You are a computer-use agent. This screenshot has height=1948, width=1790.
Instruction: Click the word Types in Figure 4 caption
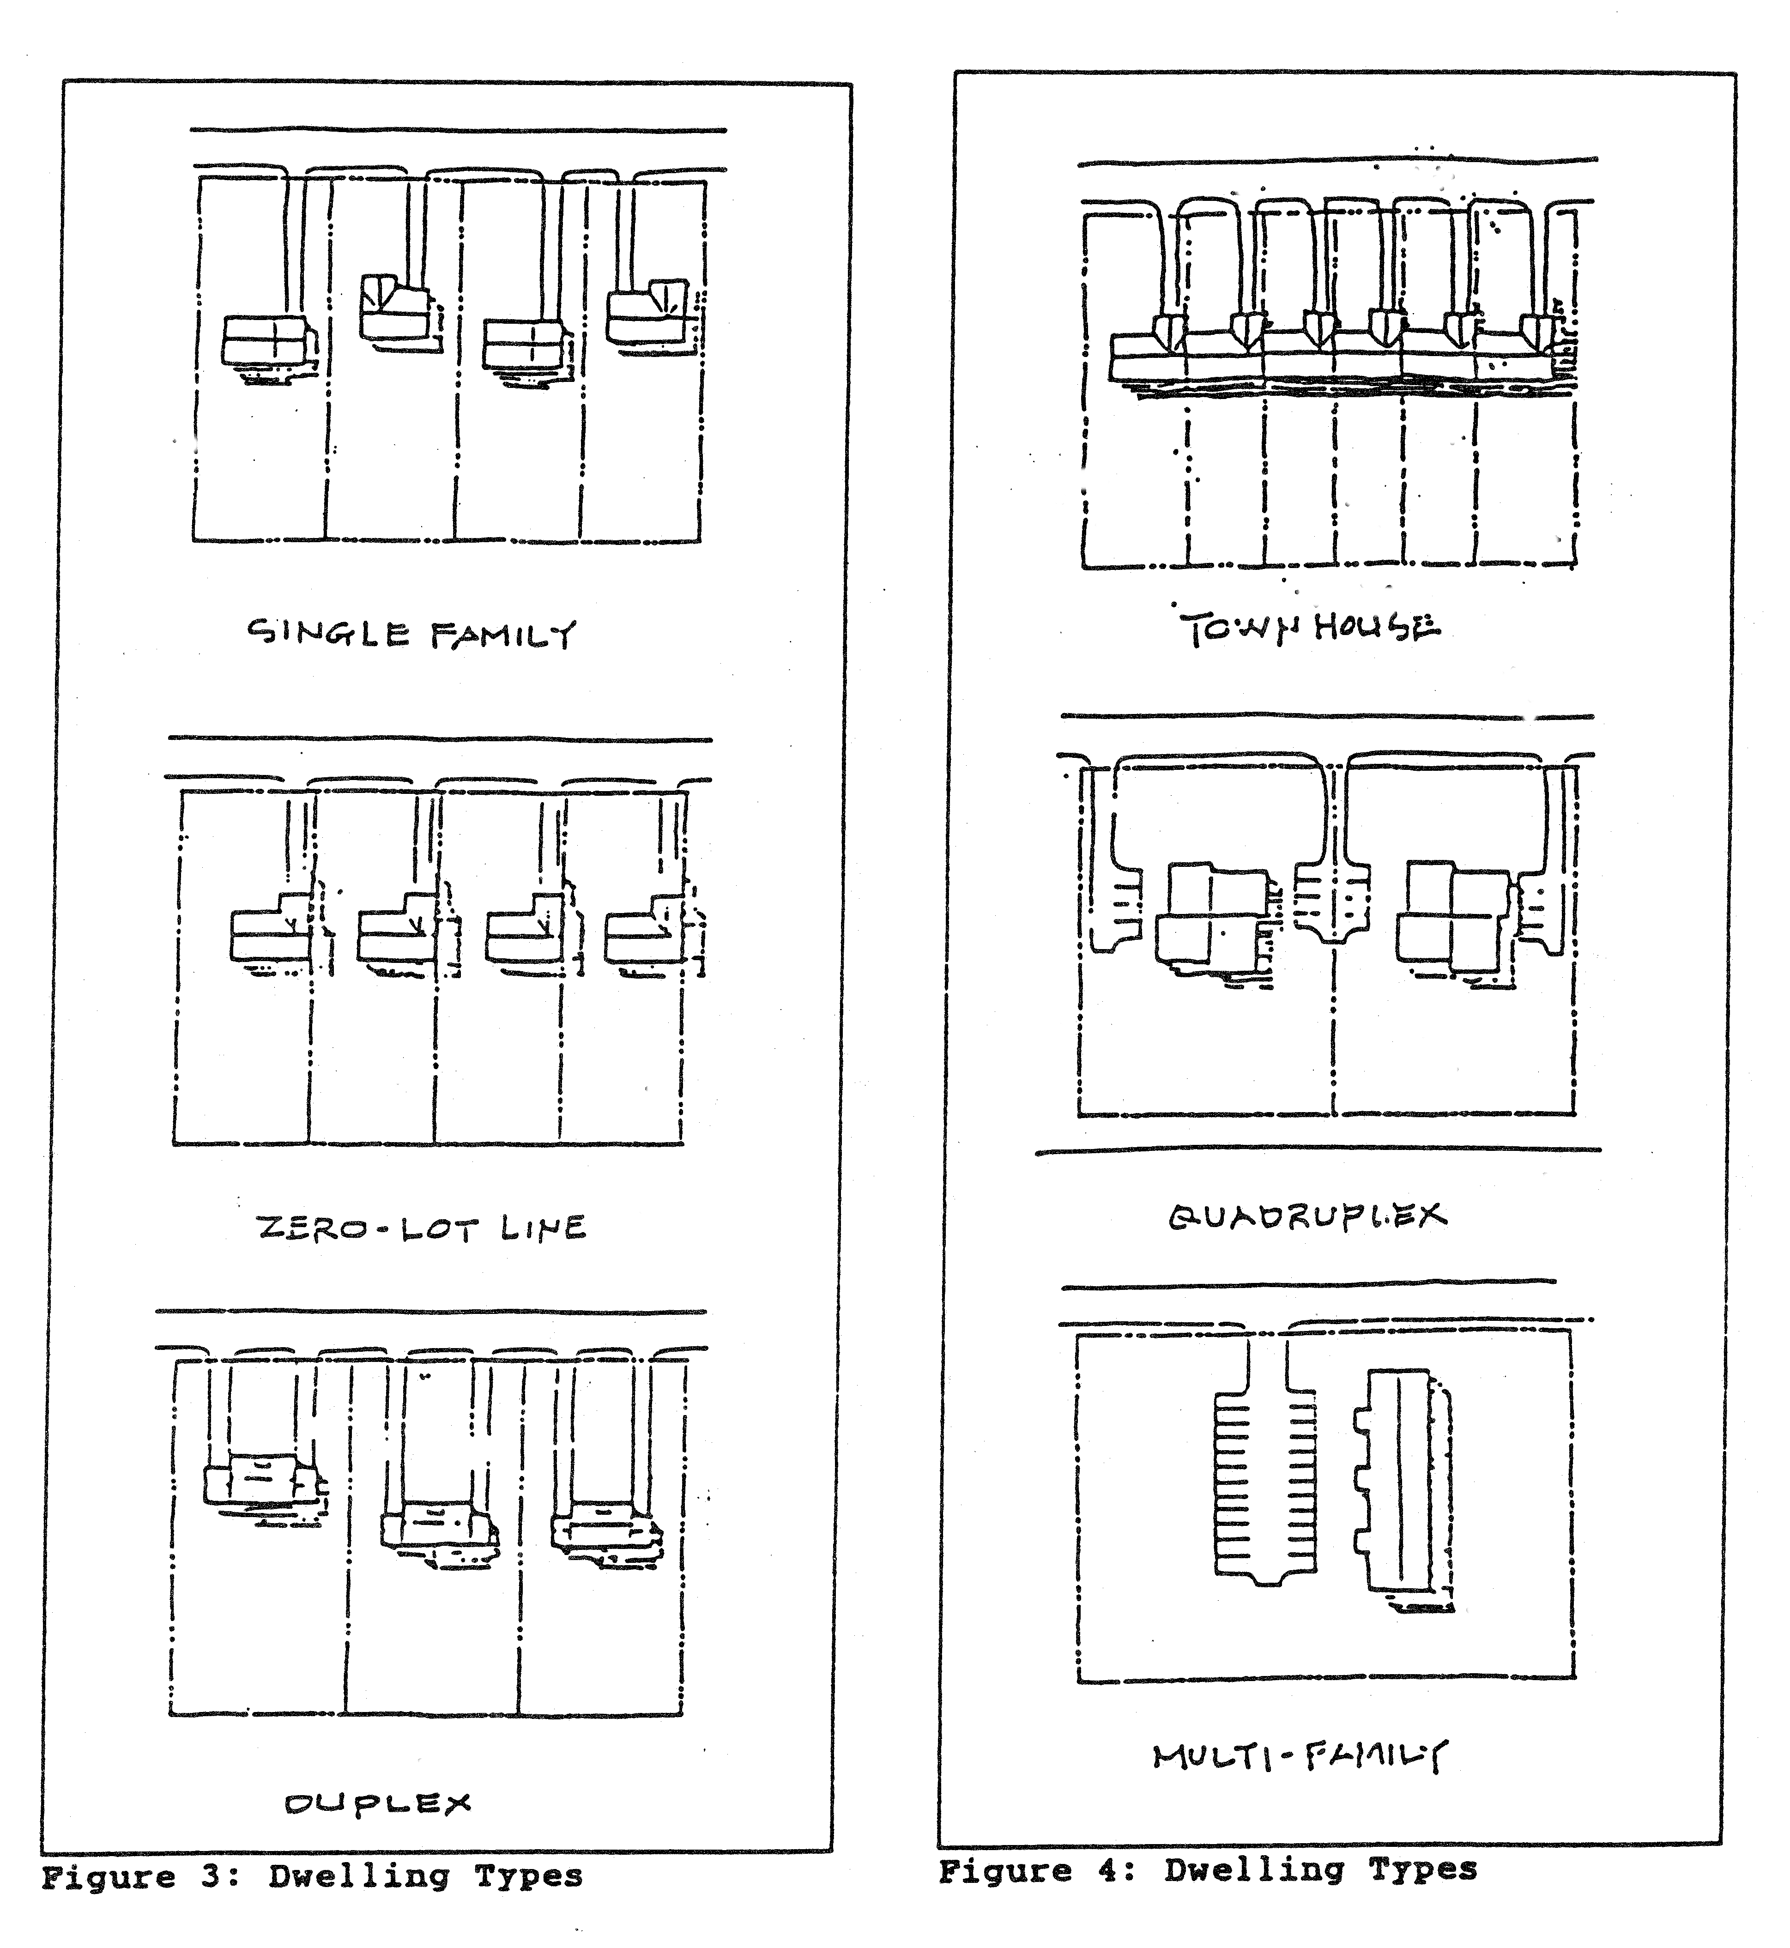pos(1422,1870)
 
